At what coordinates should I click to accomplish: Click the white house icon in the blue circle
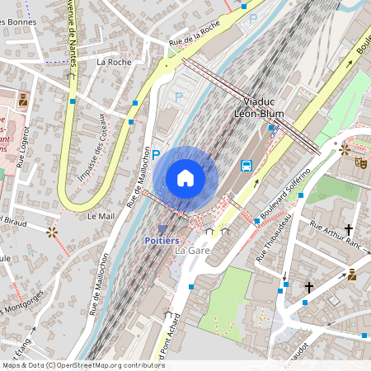(185, 177)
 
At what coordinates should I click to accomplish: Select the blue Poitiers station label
(162, 240)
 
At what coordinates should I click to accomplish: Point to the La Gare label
(192, 250)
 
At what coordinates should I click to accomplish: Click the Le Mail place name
(101, 216)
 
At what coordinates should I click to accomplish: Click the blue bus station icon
(246, 165)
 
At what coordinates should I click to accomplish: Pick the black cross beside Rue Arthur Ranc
(349, 229)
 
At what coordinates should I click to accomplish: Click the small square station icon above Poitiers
(162, 228)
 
